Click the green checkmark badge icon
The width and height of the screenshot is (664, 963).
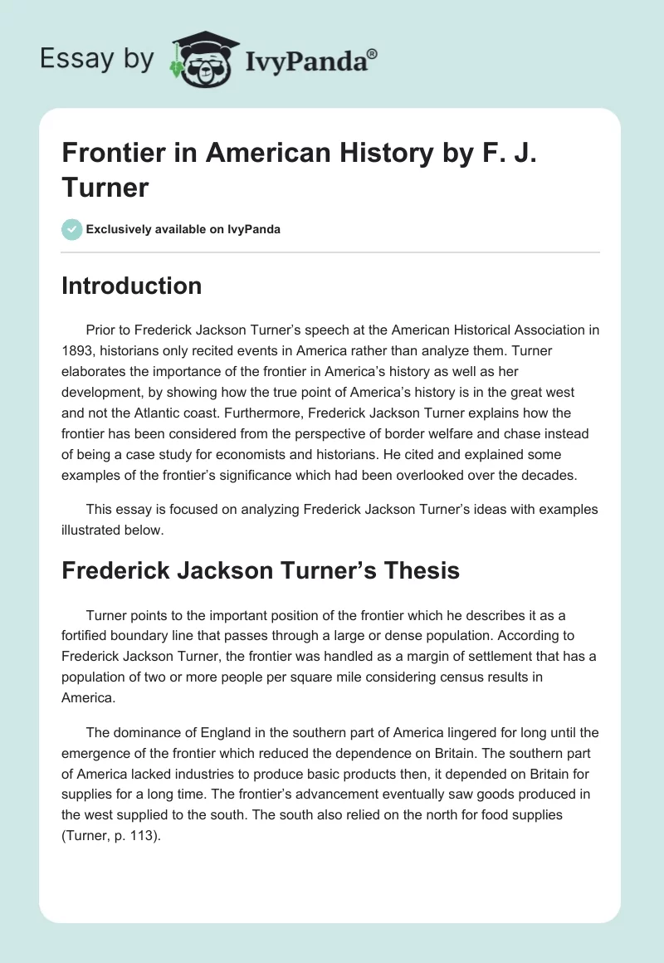(72, 229)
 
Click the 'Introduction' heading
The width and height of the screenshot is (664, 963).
(131, 286)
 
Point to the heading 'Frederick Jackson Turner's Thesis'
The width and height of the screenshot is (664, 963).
(261, 570)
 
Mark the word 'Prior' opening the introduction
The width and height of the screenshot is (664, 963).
(101, 330)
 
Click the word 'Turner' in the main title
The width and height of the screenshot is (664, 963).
(105, 187)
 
